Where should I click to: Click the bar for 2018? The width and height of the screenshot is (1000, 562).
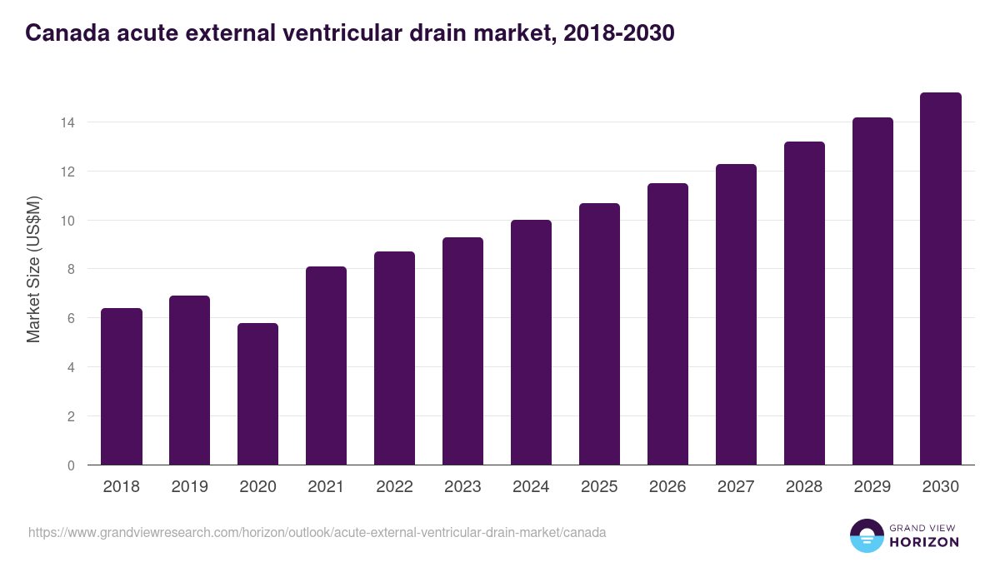coord(122,386)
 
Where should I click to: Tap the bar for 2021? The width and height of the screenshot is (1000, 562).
coord(326,366)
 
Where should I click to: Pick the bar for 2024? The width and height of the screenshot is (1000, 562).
coord(531,342)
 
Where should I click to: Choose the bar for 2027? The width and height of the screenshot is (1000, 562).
coord(736,315)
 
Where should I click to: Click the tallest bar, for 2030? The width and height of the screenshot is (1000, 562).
coord(941,279)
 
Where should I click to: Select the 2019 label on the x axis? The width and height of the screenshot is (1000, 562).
coord(190,487)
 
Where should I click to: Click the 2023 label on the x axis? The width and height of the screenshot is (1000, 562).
coord(462,487)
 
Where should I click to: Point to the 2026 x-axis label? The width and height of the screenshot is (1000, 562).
coord(667,487)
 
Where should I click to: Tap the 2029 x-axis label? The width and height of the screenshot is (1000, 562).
coord(872,487)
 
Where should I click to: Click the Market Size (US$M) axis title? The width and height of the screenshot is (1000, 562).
coord(34,270)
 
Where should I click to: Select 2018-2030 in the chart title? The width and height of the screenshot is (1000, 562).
coord(618,33)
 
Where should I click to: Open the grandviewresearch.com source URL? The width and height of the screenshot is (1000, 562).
coord(317,532)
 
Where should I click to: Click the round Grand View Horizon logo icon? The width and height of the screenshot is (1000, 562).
coord(866,535)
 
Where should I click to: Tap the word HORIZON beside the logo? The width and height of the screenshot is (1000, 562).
coord(924,542)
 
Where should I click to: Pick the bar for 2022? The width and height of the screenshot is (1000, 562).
coord(394,358)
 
